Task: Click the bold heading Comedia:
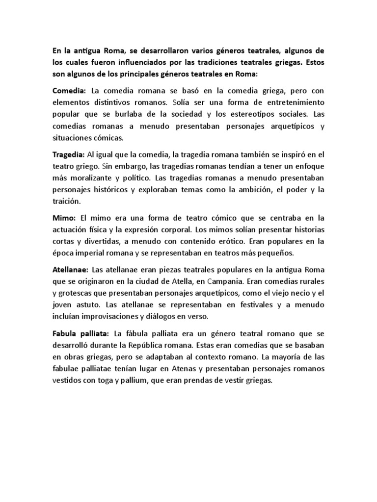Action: [69, 91]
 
